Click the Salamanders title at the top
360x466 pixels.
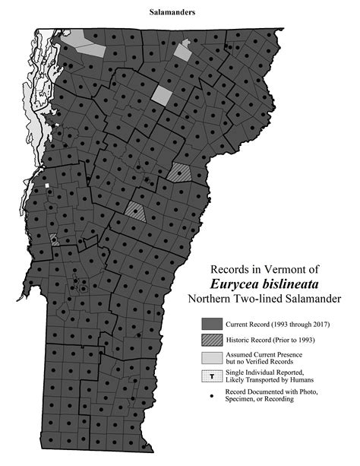coord(179,13)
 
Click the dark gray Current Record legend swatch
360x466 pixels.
coord(210,324)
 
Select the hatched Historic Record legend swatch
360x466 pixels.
coord(210,340)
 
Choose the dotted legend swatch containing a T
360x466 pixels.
coord(210,376)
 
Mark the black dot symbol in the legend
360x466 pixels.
coord(210,394)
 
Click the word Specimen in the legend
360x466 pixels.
coord(241,399)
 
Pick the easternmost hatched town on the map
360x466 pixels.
coord(180,173)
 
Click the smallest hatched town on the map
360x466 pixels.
coord(54,239)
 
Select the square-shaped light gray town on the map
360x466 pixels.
coord(162,95)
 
